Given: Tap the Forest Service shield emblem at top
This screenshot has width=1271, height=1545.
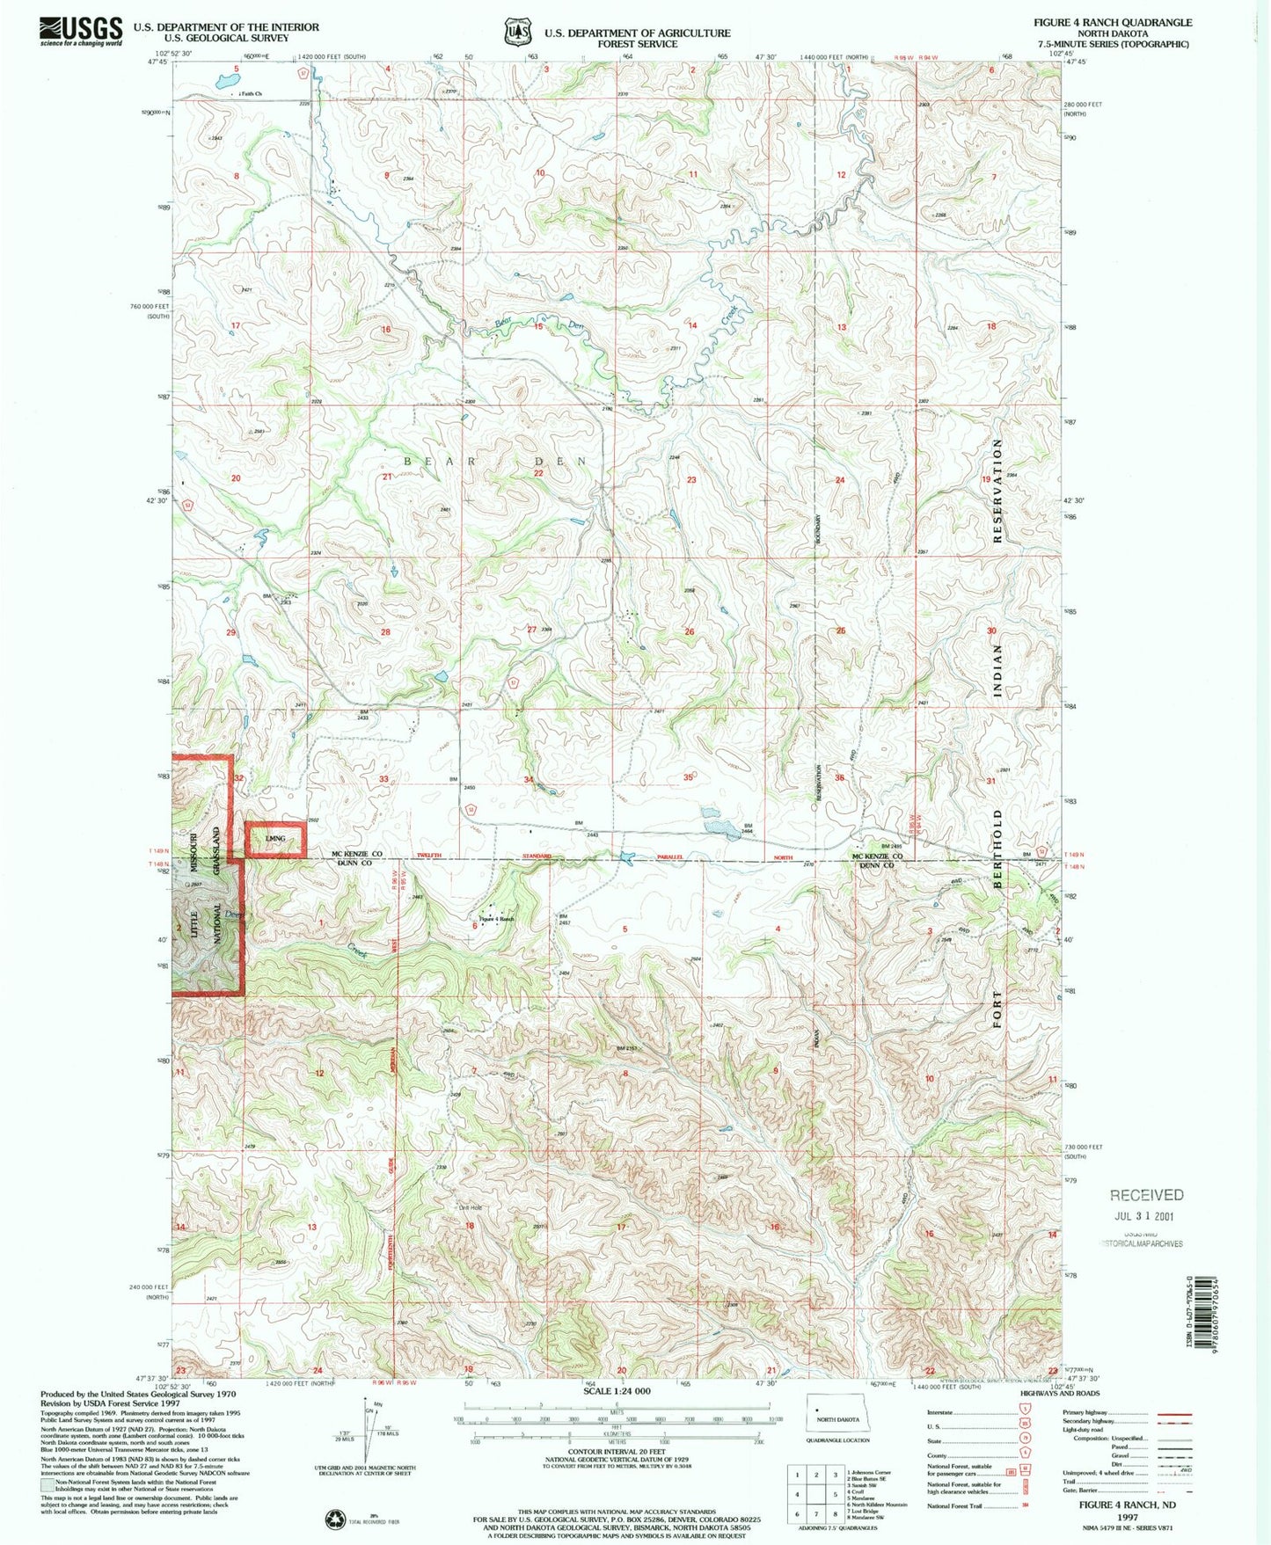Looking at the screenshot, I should point(517,32).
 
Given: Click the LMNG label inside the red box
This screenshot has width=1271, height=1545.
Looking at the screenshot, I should point(275,839).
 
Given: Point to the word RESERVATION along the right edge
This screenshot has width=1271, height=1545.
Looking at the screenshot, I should point(997,492).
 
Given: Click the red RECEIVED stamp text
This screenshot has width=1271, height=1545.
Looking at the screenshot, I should point(1146,1195).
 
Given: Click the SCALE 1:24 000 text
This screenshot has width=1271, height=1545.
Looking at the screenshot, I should point(617,1391).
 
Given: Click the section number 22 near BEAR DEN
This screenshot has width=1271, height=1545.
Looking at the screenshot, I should point(538,473).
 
